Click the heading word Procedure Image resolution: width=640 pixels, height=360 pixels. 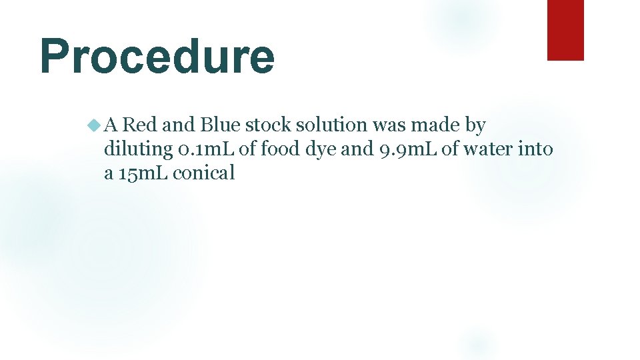coord(157,57)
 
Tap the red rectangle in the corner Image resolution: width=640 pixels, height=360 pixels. coord(565,30)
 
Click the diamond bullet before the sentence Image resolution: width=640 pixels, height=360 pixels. coord(93,125)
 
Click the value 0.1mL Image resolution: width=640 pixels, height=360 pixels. coord(207,149)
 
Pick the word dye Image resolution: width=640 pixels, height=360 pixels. coord(321,149)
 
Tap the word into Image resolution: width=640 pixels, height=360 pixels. coord(535,149)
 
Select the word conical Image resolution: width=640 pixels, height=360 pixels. coord(205,173)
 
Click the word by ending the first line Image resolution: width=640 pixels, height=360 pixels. coord(475,125)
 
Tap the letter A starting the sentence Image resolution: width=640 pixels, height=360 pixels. coord(111,125)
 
